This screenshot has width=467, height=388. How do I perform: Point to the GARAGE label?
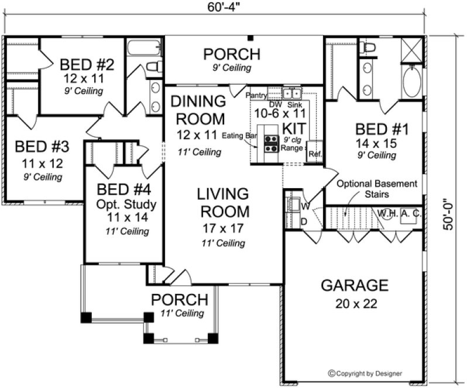[x=355, y=286]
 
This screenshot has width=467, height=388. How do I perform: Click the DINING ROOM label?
[x=198, y=110]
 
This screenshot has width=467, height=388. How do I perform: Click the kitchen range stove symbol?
[x=272, y=144]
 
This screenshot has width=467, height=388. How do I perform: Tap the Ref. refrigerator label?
[x=314, y=154]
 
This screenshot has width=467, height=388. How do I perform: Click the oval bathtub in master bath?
[x=411, y=82]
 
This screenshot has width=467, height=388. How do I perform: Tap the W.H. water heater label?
[x=387, y=213]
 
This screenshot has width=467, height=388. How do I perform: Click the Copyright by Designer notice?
[x=375, y=372]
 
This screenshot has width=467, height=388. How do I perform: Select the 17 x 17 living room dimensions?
[x=222, y=228]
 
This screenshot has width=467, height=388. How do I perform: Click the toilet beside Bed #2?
[x=153, y=67]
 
